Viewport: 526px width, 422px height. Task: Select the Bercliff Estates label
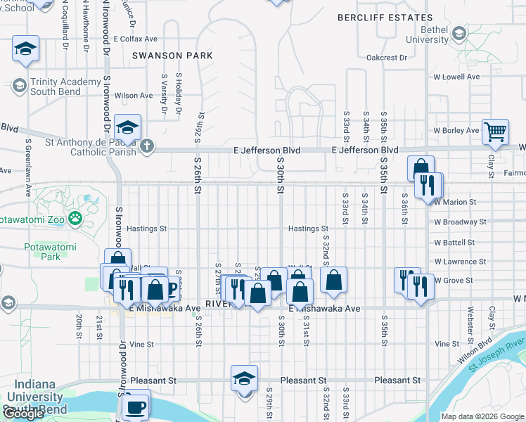(x=384, y=18)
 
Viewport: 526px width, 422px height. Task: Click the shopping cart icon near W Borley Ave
(x=496, y=131)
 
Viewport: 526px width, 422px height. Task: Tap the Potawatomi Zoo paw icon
(x=75, y=219)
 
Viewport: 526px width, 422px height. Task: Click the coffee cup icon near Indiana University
(x=136, y=407)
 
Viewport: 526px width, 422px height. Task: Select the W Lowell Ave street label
(x=456, y=76)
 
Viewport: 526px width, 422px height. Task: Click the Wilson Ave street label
(x=134, y=96)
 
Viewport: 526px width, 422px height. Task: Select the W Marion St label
(x=455, y=202)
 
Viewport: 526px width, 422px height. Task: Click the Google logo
(x=24, y=414)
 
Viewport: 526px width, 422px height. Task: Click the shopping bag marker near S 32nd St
(x=333, y=279)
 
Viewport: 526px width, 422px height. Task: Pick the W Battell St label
(x=455, y=242)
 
